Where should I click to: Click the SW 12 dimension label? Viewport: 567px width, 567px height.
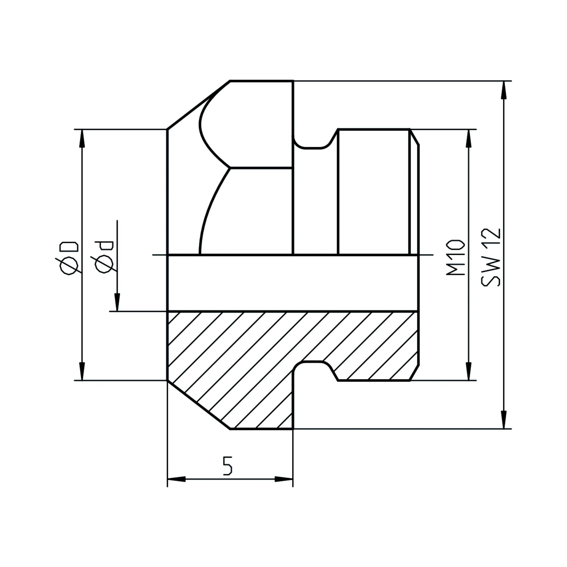pos(491,257)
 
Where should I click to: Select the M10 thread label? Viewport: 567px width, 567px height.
pos(456,258)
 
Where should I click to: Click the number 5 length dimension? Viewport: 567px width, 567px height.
pos(227,466)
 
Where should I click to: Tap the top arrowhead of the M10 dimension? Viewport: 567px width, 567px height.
pos(469,139)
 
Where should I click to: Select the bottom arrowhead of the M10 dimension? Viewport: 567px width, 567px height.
pos(469,371)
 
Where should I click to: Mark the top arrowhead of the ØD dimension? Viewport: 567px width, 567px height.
pos(82,139)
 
